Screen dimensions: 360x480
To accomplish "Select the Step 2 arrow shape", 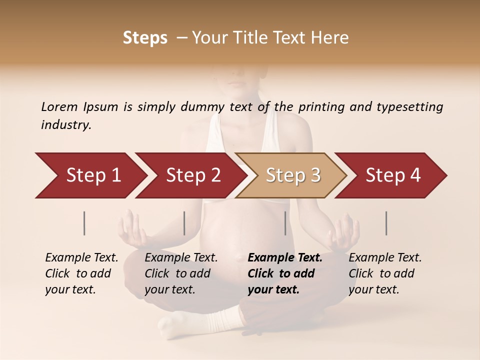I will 192,175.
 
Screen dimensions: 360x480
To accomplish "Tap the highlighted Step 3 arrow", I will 292,175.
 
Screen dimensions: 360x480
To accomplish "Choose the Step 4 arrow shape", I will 392,175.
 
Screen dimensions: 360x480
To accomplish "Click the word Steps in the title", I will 145,38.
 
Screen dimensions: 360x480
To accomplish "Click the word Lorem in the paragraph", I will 59,106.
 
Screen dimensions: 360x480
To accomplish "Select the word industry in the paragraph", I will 66,124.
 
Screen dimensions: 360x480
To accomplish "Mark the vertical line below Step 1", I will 84,223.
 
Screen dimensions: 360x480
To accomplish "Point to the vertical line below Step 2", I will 184,223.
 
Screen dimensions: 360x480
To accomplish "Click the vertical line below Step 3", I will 285,223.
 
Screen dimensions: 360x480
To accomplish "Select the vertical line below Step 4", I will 386,223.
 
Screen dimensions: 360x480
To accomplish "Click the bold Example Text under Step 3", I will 285,258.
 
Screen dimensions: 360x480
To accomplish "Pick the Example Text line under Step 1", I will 81,258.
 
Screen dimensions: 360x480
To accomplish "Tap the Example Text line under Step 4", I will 385,258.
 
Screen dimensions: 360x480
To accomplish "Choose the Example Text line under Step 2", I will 181,258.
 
